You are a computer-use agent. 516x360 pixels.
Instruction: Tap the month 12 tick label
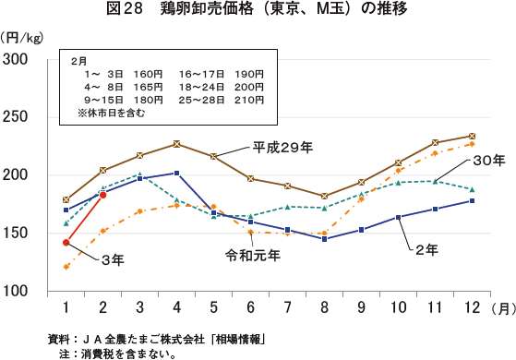click(x=473, y=306)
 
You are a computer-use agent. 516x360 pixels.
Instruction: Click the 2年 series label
click(x=426, y=250)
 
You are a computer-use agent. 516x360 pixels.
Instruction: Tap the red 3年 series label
click(x=113, y=261)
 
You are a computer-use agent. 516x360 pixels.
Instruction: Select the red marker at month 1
click(x=66, y=243)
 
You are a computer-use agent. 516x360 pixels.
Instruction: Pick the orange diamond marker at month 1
click(x=66, y=267)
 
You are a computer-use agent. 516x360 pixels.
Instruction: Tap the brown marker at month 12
click(x=473, y=136)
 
